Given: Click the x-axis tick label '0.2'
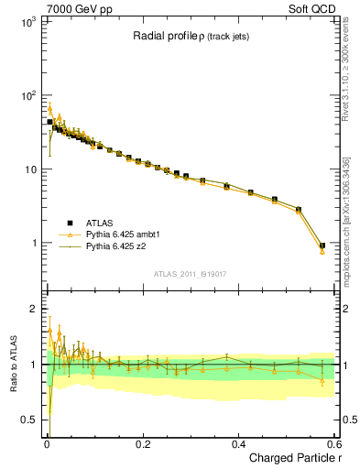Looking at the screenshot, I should [x=143, y=442].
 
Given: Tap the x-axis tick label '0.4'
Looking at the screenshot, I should [x=239, y=442].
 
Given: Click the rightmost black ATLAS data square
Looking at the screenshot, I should [x=322, y=245].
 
